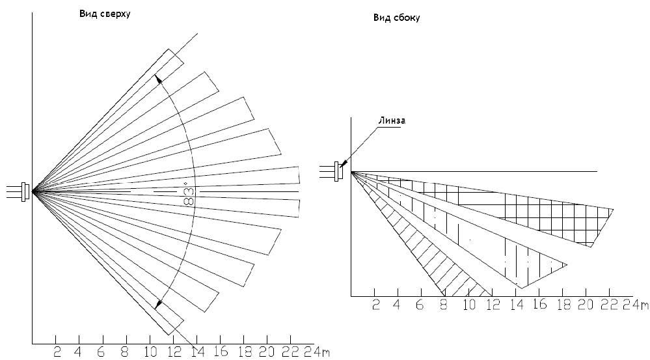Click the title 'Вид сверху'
click(105, 13)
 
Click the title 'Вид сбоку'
click(396, 18)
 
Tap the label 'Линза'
click(390, 120)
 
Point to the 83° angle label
click(189, 193)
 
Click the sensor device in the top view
click(25, 191)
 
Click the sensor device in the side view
click(338, 171)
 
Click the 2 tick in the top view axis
click(57, 352)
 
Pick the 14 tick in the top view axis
click(196, 352)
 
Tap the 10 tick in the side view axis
click(468, 305)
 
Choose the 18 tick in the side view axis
click(563, 305)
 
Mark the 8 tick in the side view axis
click(444, 305)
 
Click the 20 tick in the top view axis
click(265, 352)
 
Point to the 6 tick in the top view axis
click(103, 352)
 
